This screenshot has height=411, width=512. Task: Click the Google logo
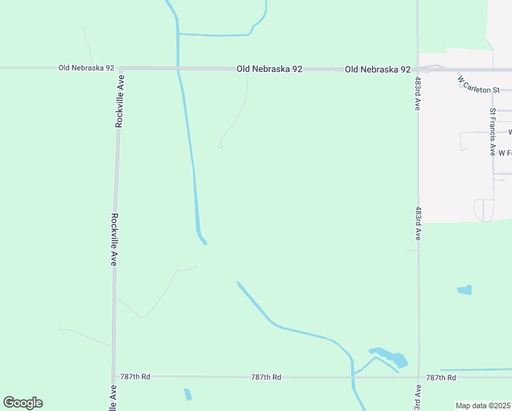click(x=23, y=403)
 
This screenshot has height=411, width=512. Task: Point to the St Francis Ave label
click(x=492, y=132)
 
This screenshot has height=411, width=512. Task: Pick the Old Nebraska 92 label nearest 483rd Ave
click(x=378, y=69)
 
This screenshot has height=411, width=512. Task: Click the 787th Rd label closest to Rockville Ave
click(x=136, y=377)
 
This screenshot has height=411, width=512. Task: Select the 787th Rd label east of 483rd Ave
click(x=441, y=377)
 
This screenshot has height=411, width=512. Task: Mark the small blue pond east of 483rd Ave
click(x=465, y=290)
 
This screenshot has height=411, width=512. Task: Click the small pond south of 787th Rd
click(x=188, y=395)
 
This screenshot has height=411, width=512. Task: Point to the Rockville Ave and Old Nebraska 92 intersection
click(x=120, y=68)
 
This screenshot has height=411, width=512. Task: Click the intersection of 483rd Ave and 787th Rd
click(x=418, y=377)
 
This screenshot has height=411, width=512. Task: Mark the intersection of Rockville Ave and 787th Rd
click(x=114, y=376)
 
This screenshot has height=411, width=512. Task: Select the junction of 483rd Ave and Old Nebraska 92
click(x=418, y=69)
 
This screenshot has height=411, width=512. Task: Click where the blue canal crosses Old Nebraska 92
click(x=179, y=68)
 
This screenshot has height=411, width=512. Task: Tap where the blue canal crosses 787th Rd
click(x=353, y=377)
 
